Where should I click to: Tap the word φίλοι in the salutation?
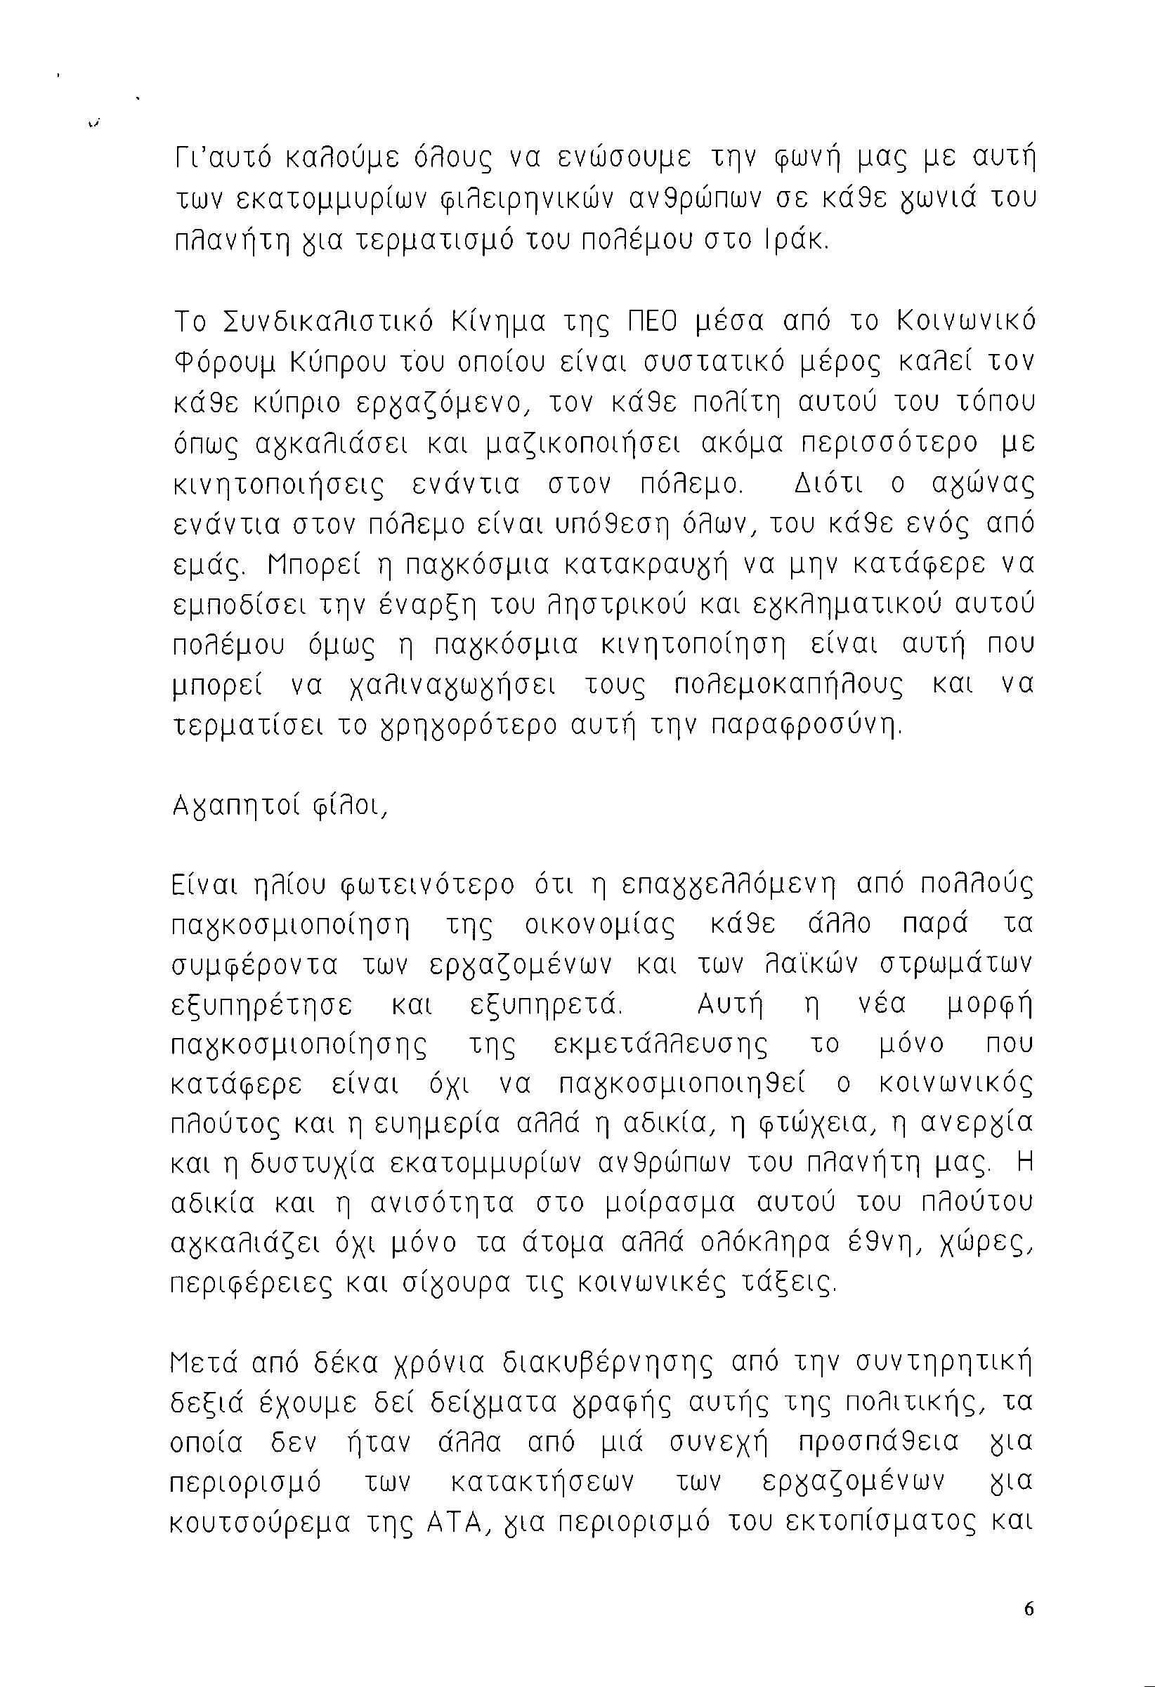click(364, 807)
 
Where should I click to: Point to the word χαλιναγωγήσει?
click(448, 685)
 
